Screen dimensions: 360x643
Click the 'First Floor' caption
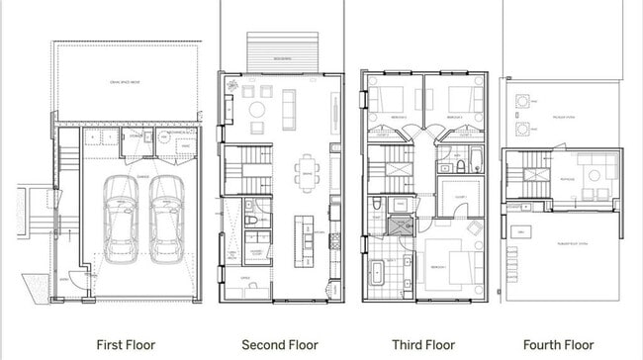[x=124, y=345]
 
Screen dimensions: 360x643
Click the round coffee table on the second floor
[x=256, y=109]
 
